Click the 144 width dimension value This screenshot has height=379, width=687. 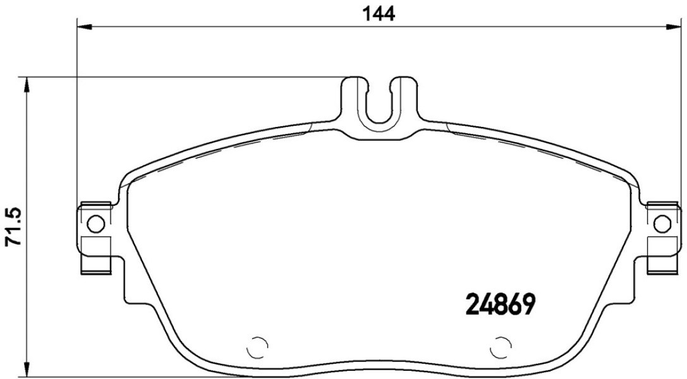[379, 14]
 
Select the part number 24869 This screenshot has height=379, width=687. [500, 304]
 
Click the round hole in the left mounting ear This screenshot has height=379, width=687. [96, 224]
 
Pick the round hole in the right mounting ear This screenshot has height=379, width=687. [662, 224]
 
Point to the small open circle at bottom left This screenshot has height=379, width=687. [257, 347]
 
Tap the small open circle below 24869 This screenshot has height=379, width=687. [500, 347]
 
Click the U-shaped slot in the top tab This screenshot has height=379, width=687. [379, 105]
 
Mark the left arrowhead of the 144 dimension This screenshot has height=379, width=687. [85, 27]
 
